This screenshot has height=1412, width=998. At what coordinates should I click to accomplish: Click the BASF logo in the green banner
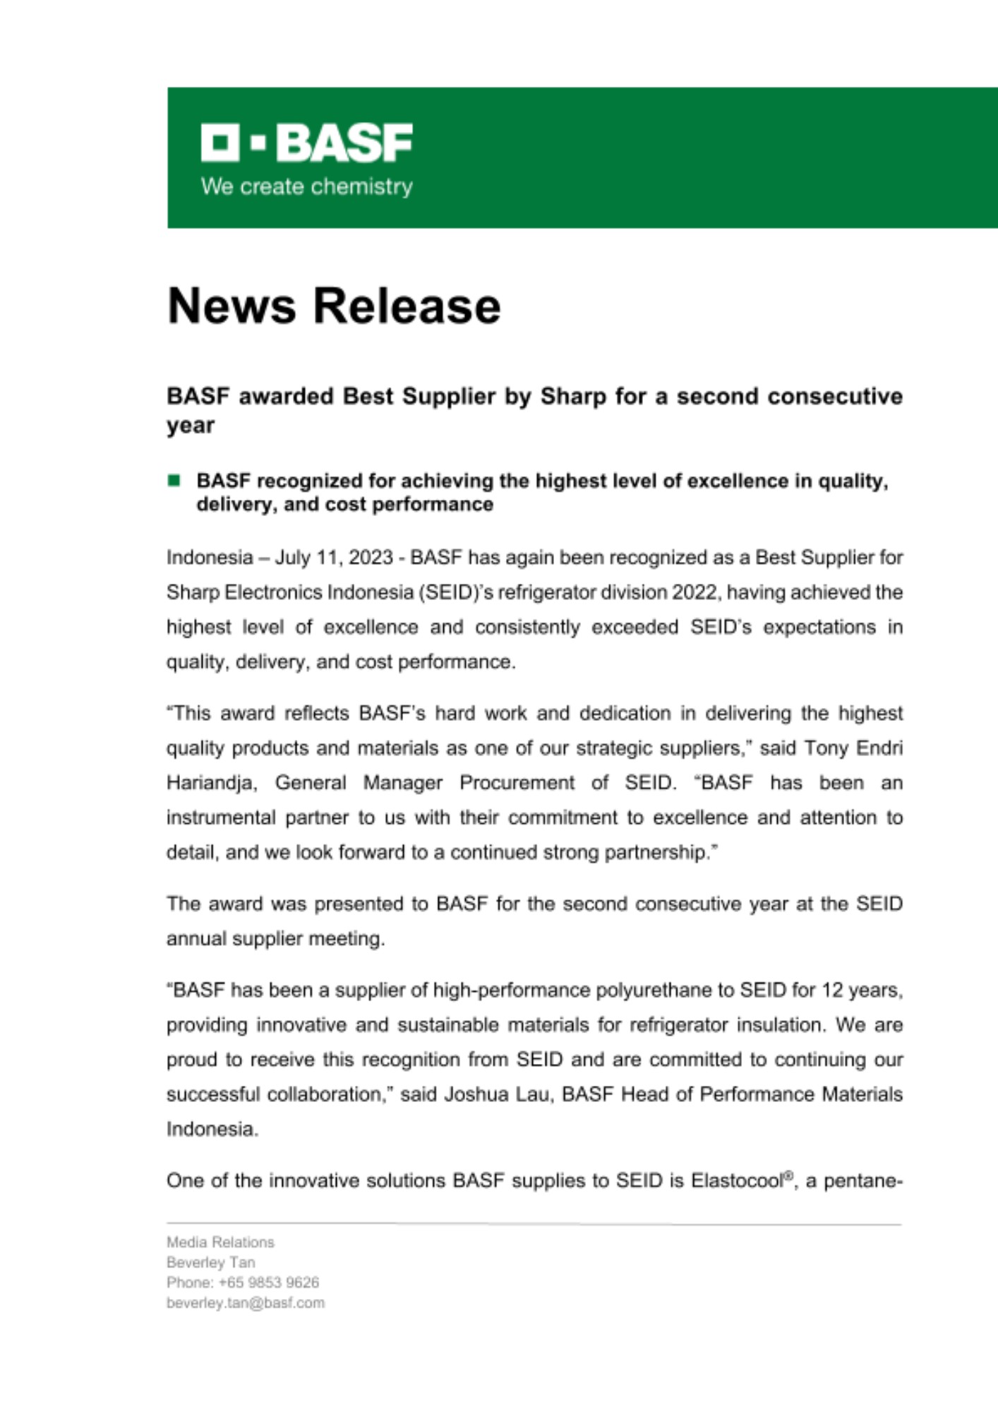coord(306,143)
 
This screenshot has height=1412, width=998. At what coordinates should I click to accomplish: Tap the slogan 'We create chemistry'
coord(306,187)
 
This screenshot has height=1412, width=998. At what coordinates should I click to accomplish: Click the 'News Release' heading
coord(334,306)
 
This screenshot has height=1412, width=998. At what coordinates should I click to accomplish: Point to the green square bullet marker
coord(174,481)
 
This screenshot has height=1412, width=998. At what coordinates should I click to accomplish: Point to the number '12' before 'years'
coord(832,991)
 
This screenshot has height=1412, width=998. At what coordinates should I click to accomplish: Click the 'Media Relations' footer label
coord(220,1242)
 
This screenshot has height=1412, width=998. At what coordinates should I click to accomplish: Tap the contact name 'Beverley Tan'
coord(210,1262)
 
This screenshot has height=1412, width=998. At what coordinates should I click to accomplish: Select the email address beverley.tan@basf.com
coord(246,1303)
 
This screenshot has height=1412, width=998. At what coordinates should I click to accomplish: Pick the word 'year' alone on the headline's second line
coord(191,426)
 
